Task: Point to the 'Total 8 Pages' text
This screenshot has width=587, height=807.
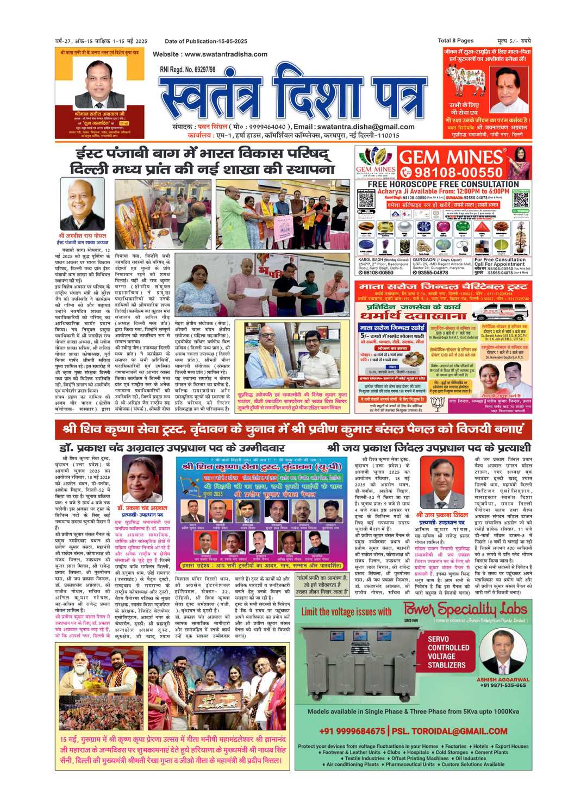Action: click(x=455, y=41)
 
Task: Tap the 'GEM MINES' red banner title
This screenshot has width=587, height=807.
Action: click(x=451, y=158)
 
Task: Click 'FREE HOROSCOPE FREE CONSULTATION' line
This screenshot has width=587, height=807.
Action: click(x=443, y=184)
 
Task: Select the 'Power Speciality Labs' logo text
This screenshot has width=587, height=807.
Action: click(x=465, y=609)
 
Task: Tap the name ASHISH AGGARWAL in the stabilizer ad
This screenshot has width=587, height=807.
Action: click(x=503, y=679)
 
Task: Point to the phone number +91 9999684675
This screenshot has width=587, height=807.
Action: click(x=352, y=731)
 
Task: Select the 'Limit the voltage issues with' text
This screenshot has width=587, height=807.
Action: click(x=346, y=611)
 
